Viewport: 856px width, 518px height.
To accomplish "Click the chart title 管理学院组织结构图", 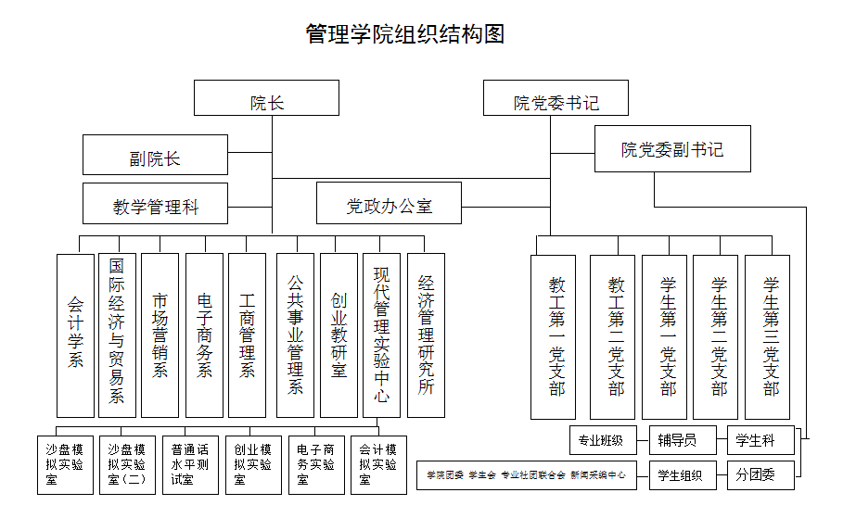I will click(x=405, y=34).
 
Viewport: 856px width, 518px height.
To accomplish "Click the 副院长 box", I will click(x=155, y=155).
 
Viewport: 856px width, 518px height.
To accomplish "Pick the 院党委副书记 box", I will click(x=672, y=149).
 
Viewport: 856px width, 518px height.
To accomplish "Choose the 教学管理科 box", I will click(x=155, y=204).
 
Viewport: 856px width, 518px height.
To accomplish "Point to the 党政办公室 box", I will click(x=389, y=204).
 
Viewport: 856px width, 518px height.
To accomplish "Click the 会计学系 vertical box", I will click(x=75, y=335).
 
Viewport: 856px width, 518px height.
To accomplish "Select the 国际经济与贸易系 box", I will click(x=117, y=335).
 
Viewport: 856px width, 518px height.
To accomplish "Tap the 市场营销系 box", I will click(x=160, y=335).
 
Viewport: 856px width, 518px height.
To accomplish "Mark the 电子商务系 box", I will click(x=204, y=335).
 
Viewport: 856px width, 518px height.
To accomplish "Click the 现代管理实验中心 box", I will click(x=381, y=335).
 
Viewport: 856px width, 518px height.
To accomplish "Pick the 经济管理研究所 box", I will click(x=426, y=335).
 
